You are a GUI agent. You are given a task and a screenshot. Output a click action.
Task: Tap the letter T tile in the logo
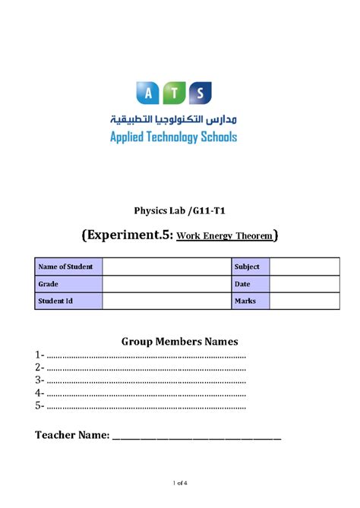click(x=173, y=93)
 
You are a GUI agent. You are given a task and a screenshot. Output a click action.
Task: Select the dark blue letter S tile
click(x=199, y=93)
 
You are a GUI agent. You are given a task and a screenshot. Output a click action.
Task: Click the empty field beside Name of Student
click(x=166, y=267)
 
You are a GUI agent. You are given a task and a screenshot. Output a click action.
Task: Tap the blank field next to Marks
click(x=305, y=301)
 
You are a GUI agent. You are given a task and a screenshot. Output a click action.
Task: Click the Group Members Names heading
click(x=180, y=341)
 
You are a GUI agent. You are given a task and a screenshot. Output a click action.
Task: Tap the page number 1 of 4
click(x=180, y=483)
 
